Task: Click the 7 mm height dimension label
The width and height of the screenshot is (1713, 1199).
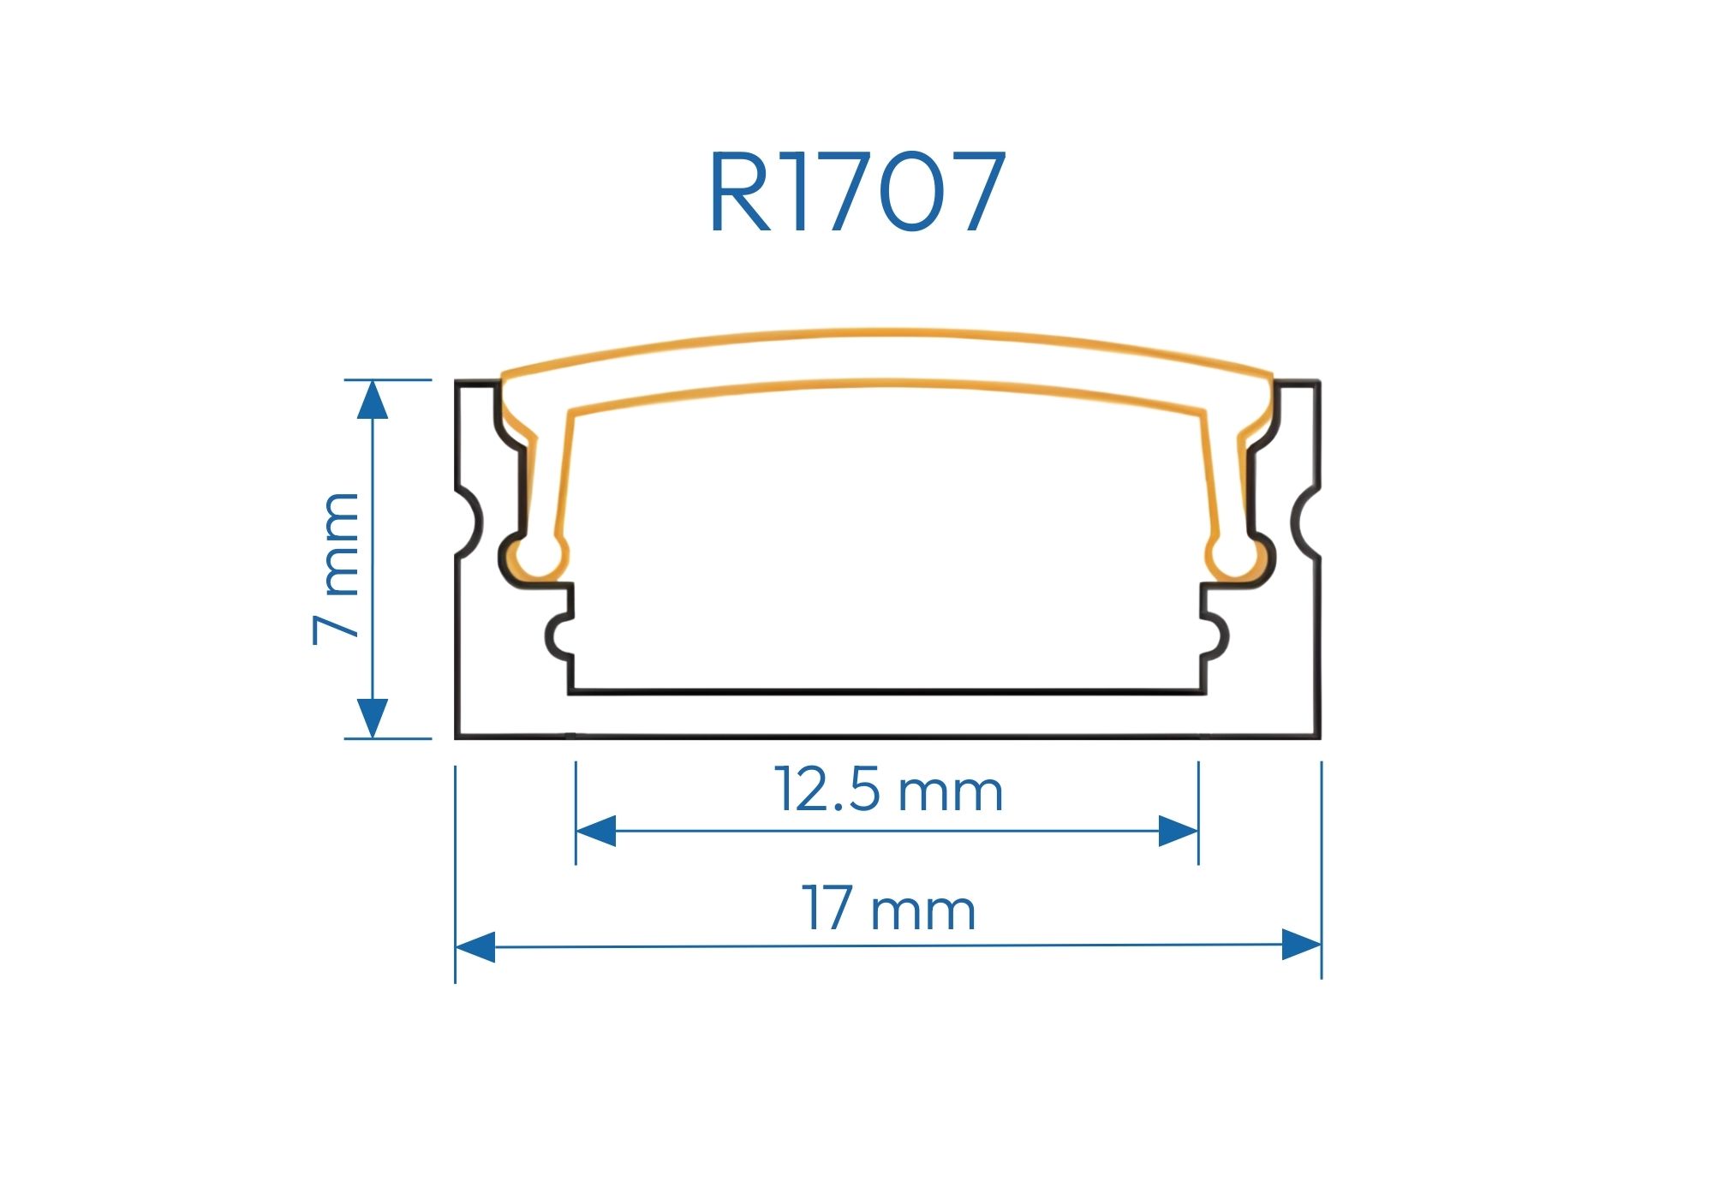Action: point(337,568)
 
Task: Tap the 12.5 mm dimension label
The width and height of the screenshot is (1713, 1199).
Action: point(888,790)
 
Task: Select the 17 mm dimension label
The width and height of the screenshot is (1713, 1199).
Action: point(888,909)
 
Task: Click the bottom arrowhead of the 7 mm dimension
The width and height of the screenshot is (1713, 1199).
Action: point(373,718)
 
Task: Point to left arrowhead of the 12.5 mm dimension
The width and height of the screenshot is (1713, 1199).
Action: point(596,831)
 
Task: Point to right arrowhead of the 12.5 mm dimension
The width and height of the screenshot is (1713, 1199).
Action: point(1178,831)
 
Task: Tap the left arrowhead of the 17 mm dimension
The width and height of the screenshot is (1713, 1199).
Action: point(475,947)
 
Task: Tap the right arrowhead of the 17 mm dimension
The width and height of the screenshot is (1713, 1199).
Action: point(1301,945)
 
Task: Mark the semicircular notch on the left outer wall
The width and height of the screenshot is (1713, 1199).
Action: point(469,522)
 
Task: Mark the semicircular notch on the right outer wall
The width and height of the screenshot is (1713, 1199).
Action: point(1305,522)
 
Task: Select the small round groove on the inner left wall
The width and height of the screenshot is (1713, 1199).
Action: point(559,636)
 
